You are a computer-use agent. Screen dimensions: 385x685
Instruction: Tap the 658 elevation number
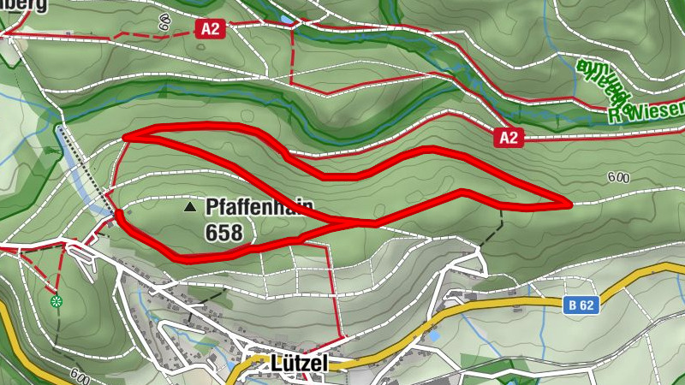click(x=223, y=232)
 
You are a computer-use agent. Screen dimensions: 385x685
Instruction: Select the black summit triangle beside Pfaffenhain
click(x=189, y=207)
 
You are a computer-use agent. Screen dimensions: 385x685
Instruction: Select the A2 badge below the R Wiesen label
click(x=508, y=137)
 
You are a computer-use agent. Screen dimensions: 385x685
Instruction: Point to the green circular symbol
click(x=57, y=300)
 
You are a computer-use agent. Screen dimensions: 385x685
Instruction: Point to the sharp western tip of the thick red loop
click(x=125, y=137)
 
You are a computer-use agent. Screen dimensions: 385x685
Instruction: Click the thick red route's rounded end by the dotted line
click(x=118, y=213)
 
